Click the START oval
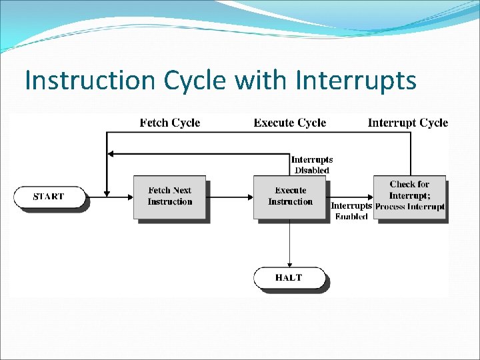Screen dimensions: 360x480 pos(49,197)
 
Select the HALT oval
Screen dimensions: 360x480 pos(289,278)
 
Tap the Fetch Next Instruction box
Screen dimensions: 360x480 pos(169,196)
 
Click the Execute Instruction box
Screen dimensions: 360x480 pos(289,196)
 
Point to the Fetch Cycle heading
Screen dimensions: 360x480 pos(170,123)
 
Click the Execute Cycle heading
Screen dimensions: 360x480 pos(290,123)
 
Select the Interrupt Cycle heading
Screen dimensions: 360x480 pos(408,123)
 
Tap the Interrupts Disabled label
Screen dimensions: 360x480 pos(312,165)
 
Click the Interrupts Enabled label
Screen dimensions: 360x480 pos(351,211)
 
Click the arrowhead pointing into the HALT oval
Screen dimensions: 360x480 pos(289,264)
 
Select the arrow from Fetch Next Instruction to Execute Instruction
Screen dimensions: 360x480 pos(230,197)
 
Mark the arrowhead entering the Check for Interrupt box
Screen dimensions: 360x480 pos(370,197)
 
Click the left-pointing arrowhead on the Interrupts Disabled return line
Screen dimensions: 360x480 pos(111,154)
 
